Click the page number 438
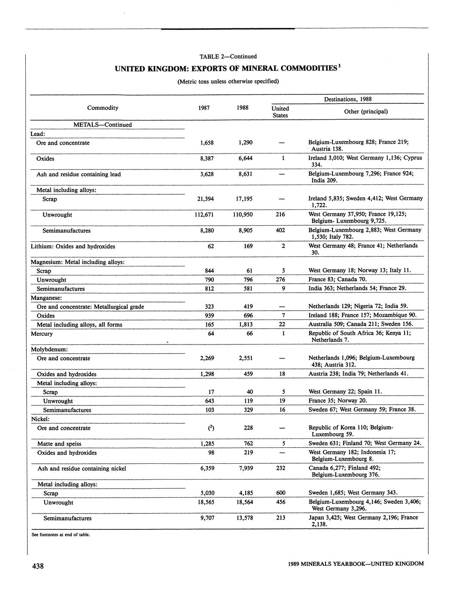[x=38, y=566]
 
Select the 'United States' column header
[x=280, y=112]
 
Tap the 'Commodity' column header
[x=103, y=108]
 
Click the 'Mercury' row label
[x=42, y=334]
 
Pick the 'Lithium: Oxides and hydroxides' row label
[x=73, y=246]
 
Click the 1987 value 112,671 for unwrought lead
[x=204, y=214]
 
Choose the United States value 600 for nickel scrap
[x=280, y=493]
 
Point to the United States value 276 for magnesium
[x=280, y=280]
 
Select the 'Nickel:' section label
[x=40, y=419]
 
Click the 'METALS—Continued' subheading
[x=103, y=125]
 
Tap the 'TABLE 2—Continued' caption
[x=228, y=56]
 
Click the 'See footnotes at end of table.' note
[x=61, y=535]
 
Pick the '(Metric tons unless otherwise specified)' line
[x=228, y=81]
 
